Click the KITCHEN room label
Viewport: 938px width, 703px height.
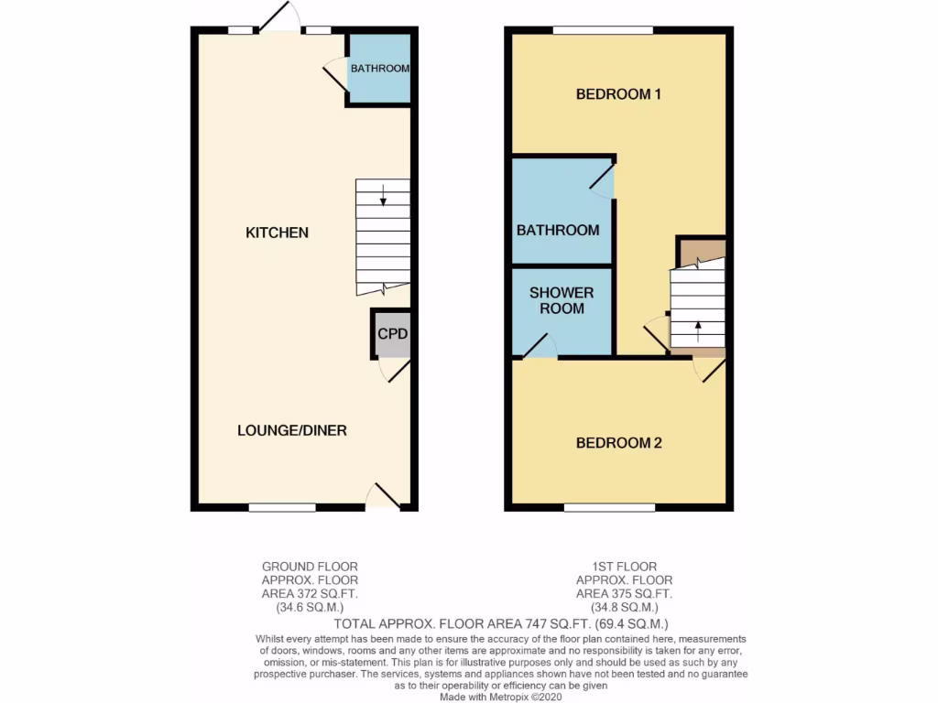[277, 233]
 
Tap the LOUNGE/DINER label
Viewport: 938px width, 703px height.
[292, 430]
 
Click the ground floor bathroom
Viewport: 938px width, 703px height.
[379, 68]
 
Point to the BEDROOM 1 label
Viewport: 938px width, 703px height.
[618, 93]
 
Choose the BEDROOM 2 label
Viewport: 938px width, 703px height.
[618, 443]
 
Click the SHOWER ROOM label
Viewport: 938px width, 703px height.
[562, 300]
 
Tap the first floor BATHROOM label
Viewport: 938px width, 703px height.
[558, 230]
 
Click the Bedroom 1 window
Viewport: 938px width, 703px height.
[602, 30]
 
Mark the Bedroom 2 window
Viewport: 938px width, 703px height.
[609, 506]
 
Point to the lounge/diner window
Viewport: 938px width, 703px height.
[282, 506]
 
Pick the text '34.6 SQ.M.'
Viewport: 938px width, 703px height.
[310, 607]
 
